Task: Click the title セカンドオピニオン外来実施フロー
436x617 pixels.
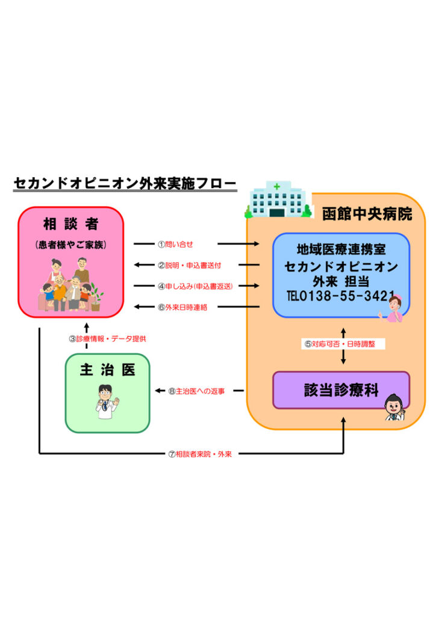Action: [x=125, y=184]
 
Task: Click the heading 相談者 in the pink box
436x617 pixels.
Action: [x=70, y=224]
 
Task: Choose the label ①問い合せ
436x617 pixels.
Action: [x=175, y=244]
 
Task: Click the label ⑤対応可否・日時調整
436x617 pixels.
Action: [x=343, y=344]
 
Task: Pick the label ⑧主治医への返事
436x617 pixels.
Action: [x=196, y=390]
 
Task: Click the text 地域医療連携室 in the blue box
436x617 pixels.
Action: [x=341, y=249]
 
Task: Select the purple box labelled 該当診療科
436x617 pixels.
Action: [x=341, y=390]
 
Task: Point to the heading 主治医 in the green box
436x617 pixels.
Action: [x=107, y=371]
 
